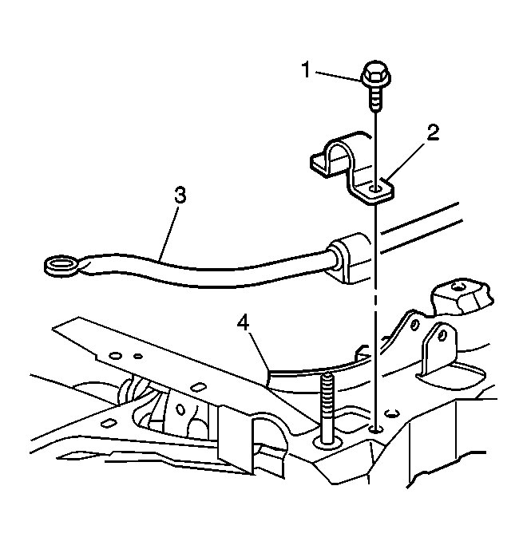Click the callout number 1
click(307, 69)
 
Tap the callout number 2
click(433, 132)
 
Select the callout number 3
click(180, 196)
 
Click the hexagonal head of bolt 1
click(375, 74)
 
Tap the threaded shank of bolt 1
click(375, 99)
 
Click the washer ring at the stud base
click(327, 442)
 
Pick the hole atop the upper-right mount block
click(457, 287)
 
